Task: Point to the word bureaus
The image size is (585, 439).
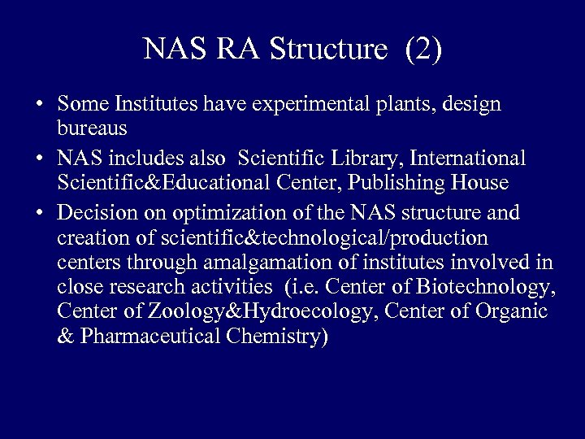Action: coord(91,128)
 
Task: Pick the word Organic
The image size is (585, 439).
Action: coord(513,311)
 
